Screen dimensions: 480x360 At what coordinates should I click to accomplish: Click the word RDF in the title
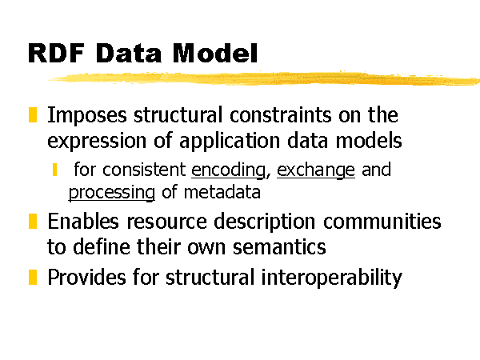[x=56, y=53]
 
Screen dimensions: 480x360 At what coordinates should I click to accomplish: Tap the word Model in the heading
[x=215, y=53]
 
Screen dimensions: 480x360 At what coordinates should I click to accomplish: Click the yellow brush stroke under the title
[x=264, y=78]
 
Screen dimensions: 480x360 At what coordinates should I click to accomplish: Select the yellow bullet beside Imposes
[x=33, y=114]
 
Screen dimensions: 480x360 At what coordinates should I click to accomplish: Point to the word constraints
[x=281, y=115]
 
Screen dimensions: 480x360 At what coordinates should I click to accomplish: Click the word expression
[x=97, y=142]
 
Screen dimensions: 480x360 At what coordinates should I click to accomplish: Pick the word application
[x=230, y=142]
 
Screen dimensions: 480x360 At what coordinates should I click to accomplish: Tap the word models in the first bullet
[x=369, y=141]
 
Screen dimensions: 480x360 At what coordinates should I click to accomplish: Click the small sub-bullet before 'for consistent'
[x=54, y=170]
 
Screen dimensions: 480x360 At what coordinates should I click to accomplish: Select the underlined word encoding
[x=228, y=170]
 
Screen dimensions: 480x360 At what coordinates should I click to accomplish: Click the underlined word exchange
[x=316, y=170]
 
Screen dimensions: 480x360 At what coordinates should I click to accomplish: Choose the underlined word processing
[x=112, y=193]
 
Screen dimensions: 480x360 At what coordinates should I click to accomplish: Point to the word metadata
[x=222, y=192]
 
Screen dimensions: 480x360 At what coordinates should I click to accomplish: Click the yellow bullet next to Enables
[x=33, y=221]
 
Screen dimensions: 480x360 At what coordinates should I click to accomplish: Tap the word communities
[x=382, y=221]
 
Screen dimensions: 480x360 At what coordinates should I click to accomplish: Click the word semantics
[x=279, y=247]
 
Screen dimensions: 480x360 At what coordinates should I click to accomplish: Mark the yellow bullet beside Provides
[x=33, y=277]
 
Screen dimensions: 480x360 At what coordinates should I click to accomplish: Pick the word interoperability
[x=331, y=278]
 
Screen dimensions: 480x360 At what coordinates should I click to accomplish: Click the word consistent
[x=144, y=170]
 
